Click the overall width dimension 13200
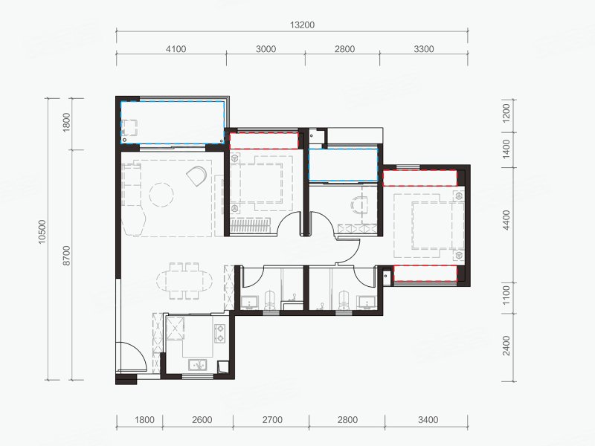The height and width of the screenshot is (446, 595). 303,25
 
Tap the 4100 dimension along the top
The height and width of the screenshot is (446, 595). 176,49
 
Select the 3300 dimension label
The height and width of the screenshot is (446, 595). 423,49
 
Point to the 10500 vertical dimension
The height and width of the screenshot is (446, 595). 42,232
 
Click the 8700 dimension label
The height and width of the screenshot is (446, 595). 66,255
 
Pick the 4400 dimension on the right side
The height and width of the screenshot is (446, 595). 506,220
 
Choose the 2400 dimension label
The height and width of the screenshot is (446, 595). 506,346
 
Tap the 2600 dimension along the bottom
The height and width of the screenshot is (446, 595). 202,420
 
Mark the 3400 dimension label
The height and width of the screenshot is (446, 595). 428,420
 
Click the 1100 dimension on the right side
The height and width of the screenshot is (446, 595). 506,296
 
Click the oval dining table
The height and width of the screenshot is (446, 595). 184,281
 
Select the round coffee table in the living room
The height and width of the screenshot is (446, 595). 161,195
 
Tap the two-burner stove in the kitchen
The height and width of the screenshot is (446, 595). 219,333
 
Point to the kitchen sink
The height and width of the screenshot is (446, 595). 197,365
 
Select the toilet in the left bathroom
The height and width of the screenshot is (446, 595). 269,300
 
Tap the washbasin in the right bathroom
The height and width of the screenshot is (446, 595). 367,302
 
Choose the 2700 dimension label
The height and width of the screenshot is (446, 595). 272,420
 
